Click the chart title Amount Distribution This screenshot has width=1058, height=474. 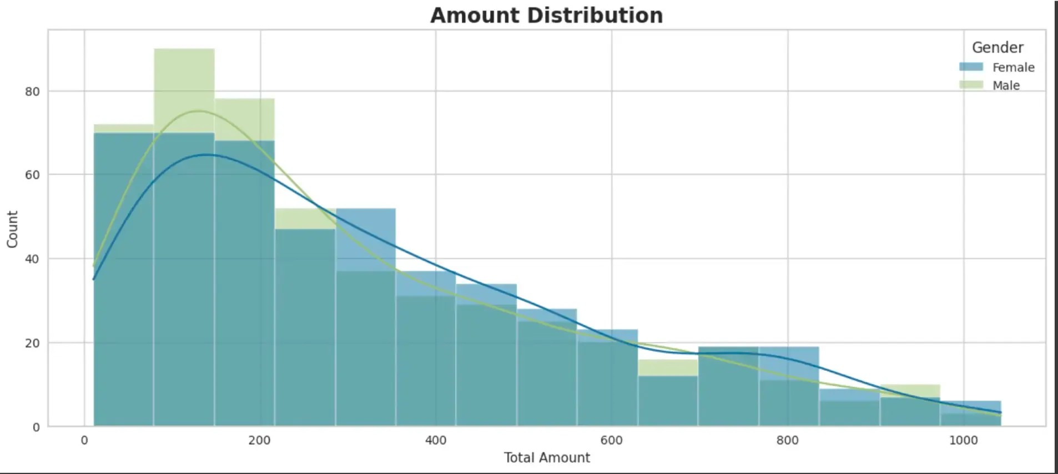(546, 16)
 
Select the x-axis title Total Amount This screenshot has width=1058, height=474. (546, 457)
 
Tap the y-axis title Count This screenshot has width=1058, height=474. (12, 229)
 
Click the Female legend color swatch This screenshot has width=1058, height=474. (971, 67)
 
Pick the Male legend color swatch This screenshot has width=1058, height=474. (971, 85)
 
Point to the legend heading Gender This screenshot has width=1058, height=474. (997, 48)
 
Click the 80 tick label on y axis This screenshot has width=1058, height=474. (32, 92)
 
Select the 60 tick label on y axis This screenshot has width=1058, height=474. (32, 175)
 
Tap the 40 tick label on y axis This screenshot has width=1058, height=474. (32, 259)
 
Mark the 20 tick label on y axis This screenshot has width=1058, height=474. (32, 343)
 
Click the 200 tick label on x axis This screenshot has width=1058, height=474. (259, 441)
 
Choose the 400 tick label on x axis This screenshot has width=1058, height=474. (435, 441)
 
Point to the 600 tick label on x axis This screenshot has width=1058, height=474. (611, 441)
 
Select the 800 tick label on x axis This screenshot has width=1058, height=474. (787, 441)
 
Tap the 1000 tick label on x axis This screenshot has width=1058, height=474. (963, 441)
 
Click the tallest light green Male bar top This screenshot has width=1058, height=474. (184, 50)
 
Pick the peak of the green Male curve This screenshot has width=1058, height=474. (198, 111)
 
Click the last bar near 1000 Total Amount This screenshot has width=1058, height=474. (970, 414)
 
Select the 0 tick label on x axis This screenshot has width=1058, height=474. (84, 441)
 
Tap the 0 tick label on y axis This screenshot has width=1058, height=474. (36, 427)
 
